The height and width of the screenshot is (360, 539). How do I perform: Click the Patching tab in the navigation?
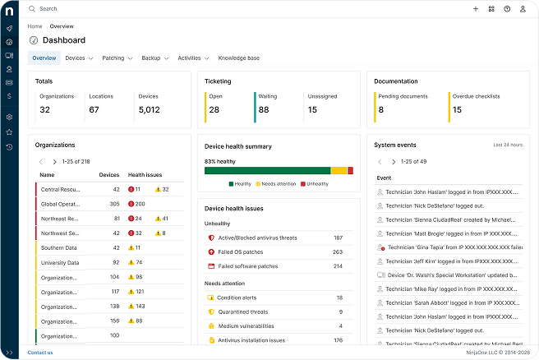point(113,58)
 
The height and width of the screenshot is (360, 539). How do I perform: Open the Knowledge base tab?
point(238,58)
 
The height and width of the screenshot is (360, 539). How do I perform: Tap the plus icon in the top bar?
point(476,9)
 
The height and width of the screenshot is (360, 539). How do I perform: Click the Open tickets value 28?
point(214,109)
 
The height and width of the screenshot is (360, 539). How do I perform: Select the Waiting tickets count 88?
point(264,109)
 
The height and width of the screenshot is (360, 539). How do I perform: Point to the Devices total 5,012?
point(149,109)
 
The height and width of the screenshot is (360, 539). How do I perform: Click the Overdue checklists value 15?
point(457,109)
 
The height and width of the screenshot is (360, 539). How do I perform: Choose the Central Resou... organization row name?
point(60,189)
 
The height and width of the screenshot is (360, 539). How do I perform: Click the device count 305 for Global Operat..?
point(114,204)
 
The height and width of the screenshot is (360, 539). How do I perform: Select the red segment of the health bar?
point(350,171)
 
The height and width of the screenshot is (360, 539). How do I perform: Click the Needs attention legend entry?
point(275,184)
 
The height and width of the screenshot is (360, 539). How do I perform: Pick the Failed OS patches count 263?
point(337,252)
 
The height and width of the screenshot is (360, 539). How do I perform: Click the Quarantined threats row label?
point(242,312)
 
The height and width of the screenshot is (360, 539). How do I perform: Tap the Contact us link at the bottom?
point(40,353)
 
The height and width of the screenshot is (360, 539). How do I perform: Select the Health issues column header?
point(145,175)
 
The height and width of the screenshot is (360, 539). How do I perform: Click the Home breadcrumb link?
point(35,26)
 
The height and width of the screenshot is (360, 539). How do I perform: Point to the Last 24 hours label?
point(508,145)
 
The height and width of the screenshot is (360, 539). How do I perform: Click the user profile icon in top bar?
point(523,9)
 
